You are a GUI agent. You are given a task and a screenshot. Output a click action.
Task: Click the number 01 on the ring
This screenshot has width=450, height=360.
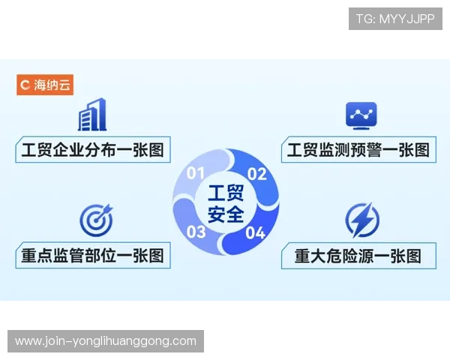click(196, 174)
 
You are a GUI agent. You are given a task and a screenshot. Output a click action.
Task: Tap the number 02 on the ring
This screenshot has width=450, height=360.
click(257, 174)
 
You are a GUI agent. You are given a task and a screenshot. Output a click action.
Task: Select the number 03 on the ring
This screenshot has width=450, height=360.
click(196, 231)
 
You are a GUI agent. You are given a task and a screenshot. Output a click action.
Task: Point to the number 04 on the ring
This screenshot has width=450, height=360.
click(256, 232)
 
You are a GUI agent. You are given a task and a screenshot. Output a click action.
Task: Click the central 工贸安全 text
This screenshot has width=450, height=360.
click(226, 203)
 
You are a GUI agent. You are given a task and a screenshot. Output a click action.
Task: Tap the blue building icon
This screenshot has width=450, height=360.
click(91, 115)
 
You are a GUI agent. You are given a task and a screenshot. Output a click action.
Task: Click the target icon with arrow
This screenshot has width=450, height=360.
click(95, 219)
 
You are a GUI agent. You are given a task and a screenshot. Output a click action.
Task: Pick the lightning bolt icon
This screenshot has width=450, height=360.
click(361, 220)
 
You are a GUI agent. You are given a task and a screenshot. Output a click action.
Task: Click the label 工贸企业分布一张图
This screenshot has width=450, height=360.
click(92, 149)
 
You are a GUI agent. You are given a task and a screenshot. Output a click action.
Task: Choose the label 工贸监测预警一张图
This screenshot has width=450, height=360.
click(358, 149)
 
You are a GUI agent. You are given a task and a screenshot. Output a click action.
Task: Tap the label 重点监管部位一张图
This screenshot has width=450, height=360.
click(92, 255)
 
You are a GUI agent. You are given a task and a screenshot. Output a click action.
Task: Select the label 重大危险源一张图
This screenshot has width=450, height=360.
click(357, 255)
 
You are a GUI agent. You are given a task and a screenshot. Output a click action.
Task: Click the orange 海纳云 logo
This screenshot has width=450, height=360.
click(45, 85)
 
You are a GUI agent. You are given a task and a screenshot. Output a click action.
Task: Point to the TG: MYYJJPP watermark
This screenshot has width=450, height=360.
click(395, 19)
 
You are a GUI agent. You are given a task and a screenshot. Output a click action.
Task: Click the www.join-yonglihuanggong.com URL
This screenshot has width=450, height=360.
click(105, 341)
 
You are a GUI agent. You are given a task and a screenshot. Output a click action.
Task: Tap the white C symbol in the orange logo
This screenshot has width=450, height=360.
click(25, 85)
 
